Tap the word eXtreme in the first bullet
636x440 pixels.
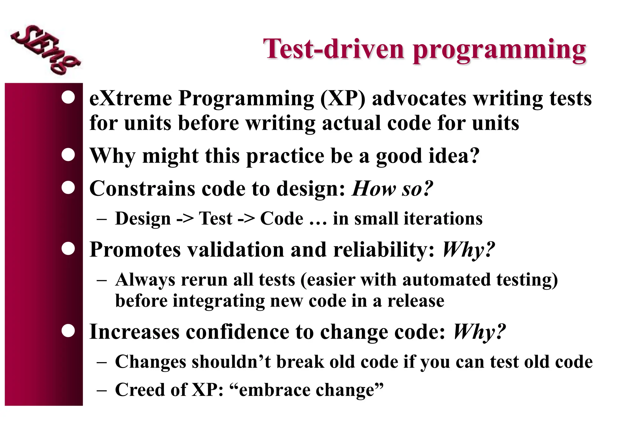(130, 99)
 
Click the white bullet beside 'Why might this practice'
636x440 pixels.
(68, 155)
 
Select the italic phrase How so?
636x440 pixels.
(392, 188)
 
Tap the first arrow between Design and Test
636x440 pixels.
(185, 219)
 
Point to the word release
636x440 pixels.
(416, 301)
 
